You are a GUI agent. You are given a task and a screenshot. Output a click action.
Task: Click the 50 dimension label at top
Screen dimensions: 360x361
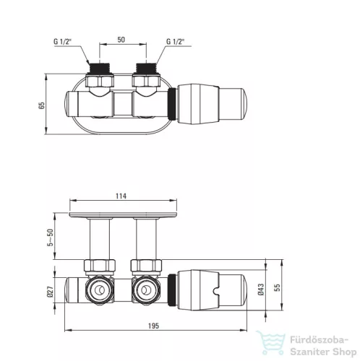tap(121, 40)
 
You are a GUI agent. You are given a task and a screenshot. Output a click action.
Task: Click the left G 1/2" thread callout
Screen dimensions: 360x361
tap(62, 41)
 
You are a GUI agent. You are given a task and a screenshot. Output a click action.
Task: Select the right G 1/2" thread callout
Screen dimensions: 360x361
tap(175, 41)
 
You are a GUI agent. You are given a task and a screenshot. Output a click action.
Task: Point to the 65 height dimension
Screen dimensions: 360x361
tap(41, 105)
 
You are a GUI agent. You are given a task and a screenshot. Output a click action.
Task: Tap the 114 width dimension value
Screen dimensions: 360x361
tap(121, 196)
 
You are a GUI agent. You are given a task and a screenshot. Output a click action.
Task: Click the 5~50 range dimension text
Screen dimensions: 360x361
tap(50, 238)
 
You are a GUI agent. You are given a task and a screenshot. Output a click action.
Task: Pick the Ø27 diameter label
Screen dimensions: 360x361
tap(50, 292)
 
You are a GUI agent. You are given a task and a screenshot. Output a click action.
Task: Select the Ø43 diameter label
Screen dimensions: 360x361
tap(261, 289)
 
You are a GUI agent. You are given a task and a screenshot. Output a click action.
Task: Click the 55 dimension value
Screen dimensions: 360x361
tap(277, 287)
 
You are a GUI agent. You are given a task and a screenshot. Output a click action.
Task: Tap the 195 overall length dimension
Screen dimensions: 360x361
tap(153, 326)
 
